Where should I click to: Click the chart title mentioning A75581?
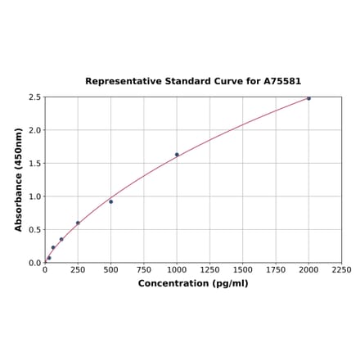pyautogui.click(x=193, y=82)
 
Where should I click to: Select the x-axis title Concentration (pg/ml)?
pyautogui.click(x=193, y=283)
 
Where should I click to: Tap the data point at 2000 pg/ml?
pyautogui.click(x=308, y=98)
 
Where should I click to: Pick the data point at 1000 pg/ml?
pyautogui.click(x=177, y=155)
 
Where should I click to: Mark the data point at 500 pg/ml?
pyautogui.click(x=111, y=201)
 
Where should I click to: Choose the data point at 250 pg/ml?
pyautogui.click(x=78, y=223)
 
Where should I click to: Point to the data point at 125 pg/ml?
pyautogui.click(x=61, y=239)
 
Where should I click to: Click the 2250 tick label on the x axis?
pyautogui.click(x=341, y=269)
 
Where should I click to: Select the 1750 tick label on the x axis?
pyautogui.click(x=276, y=269)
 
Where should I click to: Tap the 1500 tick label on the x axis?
pyautogui.click(x=242, y=269)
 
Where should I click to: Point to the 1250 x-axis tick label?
pyautogui.click(x=209, y=269)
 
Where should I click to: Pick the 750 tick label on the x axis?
pyautogui.click(x=144, y=269)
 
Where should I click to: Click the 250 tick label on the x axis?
pyautogui.click(x=78, y=269)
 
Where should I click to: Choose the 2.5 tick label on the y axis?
pyautogui.click(x=35, y=97)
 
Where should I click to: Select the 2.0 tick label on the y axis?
pyautogui.click(x=35, y=130)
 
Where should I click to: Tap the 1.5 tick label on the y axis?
pyautogui.click(x=35, y=164)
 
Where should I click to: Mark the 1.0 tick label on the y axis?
pyautogui.click(x=35, y=196)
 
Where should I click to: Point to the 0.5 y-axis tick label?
pyautogui.click(x=35, y=230)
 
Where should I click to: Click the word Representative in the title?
pyautogui.click(x=120, y=82)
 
